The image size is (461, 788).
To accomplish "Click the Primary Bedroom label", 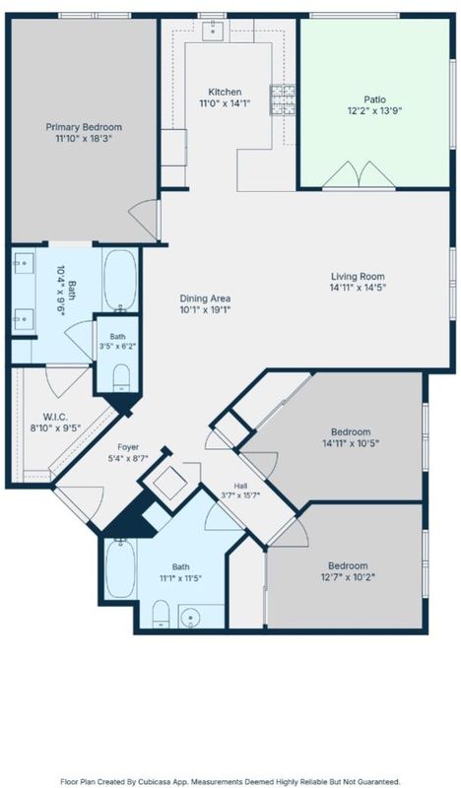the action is [x=84, y=127].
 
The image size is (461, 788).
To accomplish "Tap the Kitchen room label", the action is [x=225, y=92].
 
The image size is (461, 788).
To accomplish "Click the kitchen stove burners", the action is [x=283, y=100].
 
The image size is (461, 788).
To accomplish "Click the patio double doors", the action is [x=359, y=176].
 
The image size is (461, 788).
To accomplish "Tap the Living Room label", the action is [x=358, y=277].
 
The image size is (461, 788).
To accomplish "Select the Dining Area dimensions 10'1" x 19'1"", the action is [x=205, y=310].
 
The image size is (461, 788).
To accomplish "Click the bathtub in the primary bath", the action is [x=120, y=280].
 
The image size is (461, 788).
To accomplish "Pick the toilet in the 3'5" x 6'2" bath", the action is [x=121, y=377].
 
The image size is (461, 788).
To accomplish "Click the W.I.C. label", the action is [x=55, y=417].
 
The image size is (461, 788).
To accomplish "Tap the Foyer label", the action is [x=128, y=447].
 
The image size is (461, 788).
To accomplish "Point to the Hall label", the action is [x=240, y=486].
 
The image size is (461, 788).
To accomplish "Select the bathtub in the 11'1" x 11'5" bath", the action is [x=120, y=568].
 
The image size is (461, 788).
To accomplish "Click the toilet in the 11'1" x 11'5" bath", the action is [x=161, y=614].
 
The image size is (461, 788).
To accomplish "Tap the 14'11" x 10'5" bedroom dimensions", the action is [x=351, y=444].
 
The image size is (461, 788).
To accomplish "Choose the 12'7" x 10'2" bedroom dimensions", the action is [x=348, y=577].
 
